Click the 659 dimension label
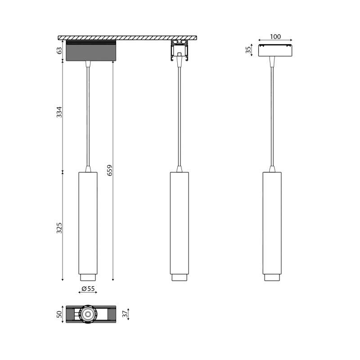pos(110,170)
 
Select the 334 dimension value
pos(59,112)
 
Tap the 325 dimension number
pos(59,228)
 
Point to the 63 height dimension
pos(59,50)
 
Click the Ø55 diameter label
pos(88,289)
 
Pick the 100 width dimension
pos(275,36)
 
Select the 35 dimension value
pos(248,49)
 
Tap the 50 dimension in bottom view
pos(59,314)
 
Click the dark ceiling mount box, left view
pos(91,51)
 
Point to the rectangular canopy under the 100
pos(275,50)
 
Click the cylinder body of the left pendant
pos(88,222)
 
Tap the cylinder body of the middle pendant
pos(179,222)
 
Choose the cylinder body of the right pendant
pos(272,222)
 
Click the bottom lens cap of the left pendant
pos(88,277)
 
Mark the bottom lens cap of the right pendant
pos(272,277)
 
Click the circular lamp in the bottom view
pos(88,314)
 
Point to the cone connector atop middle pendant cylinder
pos(179,169)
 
